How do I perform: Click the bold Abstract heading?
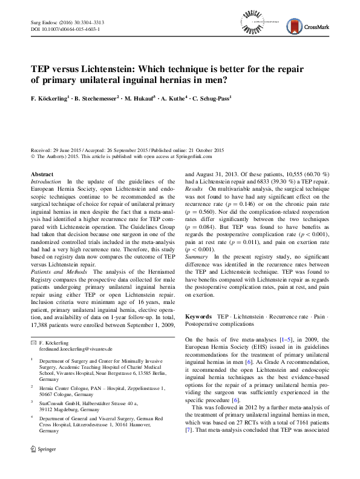[42, 174]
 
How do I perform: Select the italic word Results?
[194, 190]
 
